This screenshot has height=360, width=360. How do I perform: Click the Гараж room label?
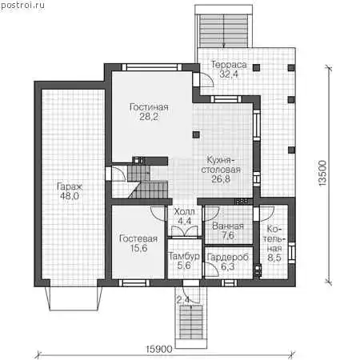[70, 186]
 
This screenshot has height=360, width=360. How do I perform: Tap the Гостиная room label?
[149, 107]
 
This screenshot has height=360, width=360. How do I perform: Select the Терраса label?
[229, 65]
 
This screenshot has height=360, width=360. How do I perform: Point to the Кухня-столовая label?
[221, 165]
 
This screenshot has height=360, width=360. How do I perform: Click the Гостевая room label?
[138, 238]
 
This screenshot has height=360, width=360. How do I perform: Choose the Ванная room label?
[228, 226]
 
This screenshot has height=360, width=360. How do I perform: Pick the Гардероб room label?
[227, 257]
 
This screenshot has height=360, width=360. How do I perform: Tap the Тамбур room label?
[184, 256]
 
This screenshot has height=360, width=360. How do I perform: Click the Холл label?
[184, 212]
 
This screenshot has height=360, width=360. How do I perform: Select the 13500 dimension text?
[322, 174]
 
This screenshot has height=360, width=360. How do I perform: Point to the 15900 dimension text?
[159, 349]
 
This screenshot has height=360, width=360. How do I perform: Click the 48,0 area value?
[70, 196]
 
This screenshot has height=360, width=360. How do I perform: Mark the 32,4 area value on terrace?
[229, 74]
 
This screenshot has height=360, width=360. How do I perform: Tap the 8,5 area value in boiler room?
[274, 258]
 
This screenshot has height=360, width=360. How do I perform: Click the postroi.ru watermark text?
[22, 6]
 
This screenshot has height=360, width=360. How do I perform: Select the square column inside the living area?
[196, 134]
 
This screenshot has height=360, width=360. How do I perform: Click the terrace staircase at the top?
[224, 30]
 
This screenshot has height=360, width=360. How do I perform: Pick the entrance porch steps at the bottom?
[191, 322]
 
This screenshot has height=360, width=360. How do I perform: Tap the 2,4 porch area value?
[183, 300]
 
